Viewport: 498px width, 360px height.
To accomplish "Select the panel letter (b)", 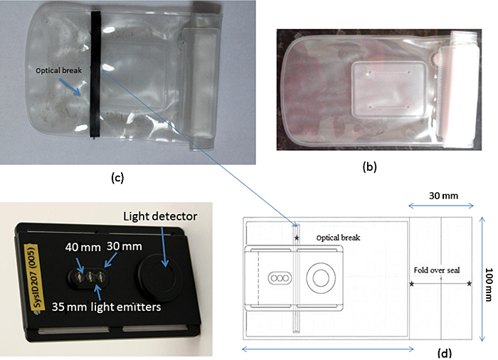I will [x=369, y=169].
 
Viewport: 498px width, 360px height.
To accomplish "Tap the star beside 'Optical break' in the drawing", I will [x=297, y=235].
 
